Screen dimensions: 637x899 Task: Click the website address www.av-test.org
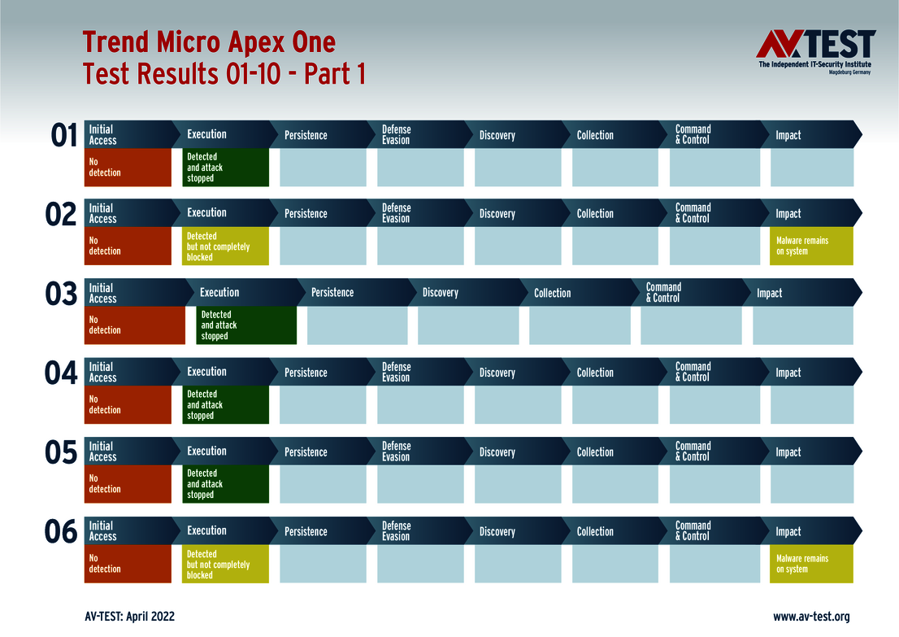click(x=810, y=617)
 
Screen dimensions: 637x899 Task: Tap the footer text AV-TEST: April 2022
click(x=129, y=617)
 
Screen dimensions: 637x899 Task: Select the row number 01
click(x=63, y=136)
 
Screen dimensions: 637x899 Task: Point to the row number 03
click(x=61, y=295)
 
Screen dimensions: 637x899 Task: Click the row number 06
click(x=61, y=532)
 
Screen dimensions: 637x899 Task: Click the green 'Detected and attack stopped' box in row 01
click(x=225, y=168)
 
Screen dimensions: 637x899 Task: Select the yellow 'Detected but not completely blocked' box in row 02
click(x=225, y=247)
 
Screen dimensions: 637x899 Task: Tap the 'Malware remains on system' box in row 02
click(x=811, y=247)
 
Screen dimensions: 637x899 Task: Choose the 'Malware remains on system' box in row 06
click(x=811, y=564)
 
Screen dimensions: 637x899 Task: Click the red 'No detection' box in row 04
click(x=128, y=405)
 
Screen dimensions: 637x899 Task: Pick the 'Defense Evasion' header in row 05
click(x=397, y=452)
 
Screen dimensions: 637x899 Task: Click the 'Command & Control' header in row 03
click(x=664, y=293)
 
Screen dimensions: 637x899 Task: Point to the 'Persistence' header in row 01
click(x=306, y=135)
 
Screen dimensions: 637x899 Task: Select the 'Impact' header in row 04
click(x=788, y=373)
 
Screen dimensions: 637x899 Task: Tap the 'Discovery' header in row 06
click(x=497, y=531)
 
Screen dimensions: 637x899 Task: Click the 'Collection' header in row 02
click(x=595, y=214)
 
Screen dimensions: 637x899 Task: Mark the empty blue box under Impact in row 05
click(x=811, y=485)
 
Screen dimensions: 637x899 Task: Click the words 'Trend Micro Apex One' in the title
click(x=209, y=42)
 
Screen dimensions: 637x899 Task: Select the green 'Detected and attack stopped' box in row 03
click(x=245, y=325)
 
